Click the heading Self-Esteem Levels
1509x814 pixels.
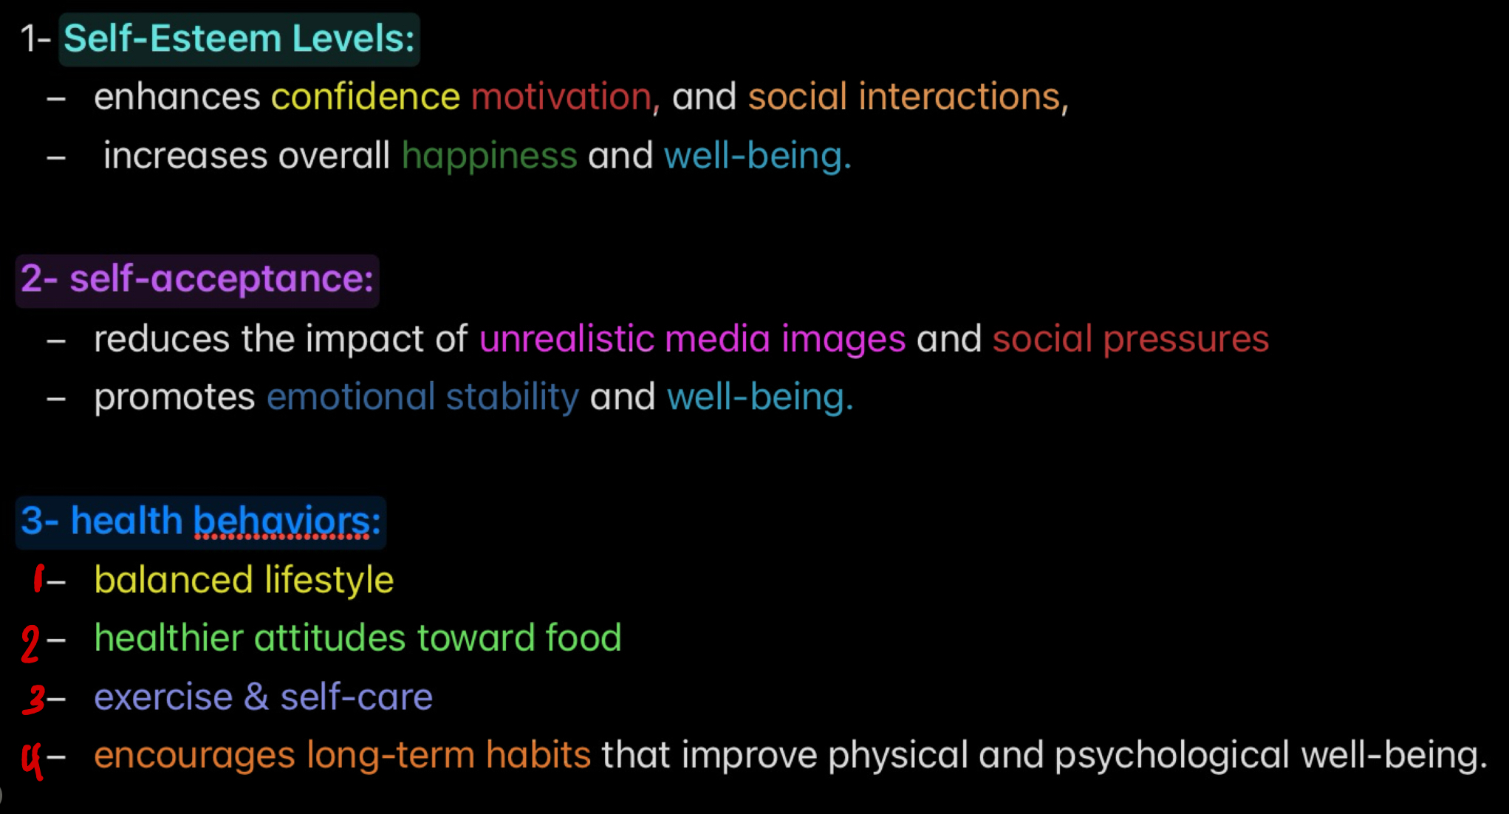pyautogui.click(x=239, y=38)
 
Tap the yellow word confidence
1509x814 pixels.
pyautogui.click(x=366, y=97)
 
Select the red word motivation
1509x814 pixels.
pyautogui.click(x=561, y=97)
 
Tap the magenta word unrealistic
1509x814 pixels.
pyautogui.click(x=567, y=339)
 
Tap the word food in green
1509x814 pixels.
pyautogui.click(x=583, y=637)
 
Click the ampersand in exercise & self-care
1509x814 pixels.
pyautogui.click(x=256, y=697)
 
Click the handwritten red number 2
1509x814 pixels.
pyautogui.click(x=30, y=643)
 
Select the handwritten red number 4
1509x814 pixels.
pyautogui.click(x=32, y=759)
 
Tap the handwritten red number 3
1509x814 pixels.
pyautogui.click(x=34, y=699)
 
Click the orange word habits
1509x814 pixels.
pyautogui.click(x=538, y=755)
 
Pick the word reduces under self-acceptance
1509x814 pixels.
pyautogui.click(x=162, y=339)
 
